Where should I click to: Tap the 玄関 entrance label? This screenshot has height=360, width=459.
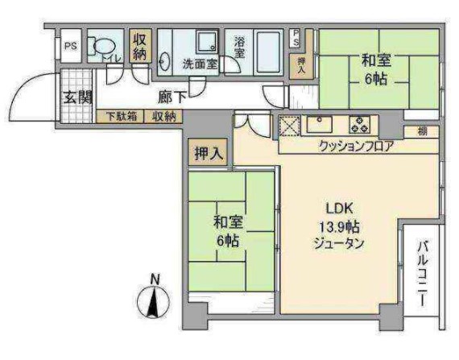[x=77, y=97]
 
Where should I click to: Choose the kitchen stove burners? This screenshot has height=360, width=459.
[x=358, y=125]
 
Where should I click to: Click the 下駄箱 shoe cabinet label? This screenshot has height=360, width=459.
[x=120, y=116]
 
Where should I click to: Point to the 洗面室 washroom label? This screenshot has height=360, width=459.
[x=199, y=64]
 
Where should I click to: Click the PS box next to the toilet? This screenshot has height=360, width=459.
[x=71, y=47]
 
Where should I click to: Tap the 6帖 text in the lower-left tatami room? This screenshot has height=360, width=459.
[x=228, y=240]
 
